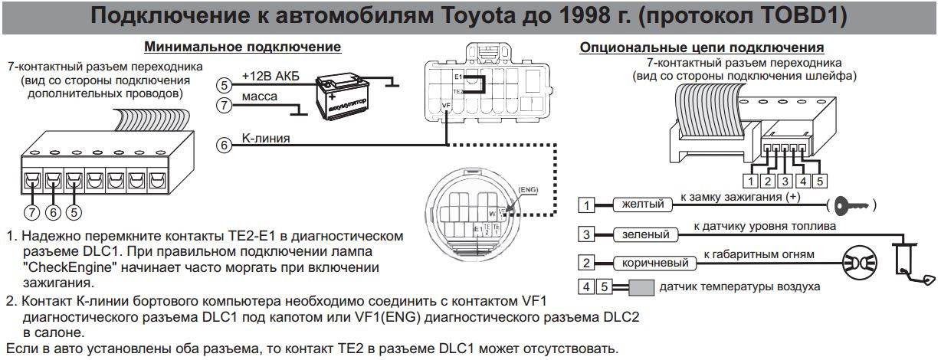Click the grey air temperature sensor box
(x=642, y=288)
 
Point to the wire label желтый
(x=642, y=205)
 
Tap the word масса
(x=259, y=98)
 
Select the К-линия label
(x=267, y=138)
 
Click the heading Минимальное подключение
(x=242, y=47)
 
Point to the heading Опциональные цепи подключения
(x=702, y=47)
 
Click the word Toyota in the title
(x=476, y=16)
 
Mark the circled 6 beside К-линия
(x=224, y=145)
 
